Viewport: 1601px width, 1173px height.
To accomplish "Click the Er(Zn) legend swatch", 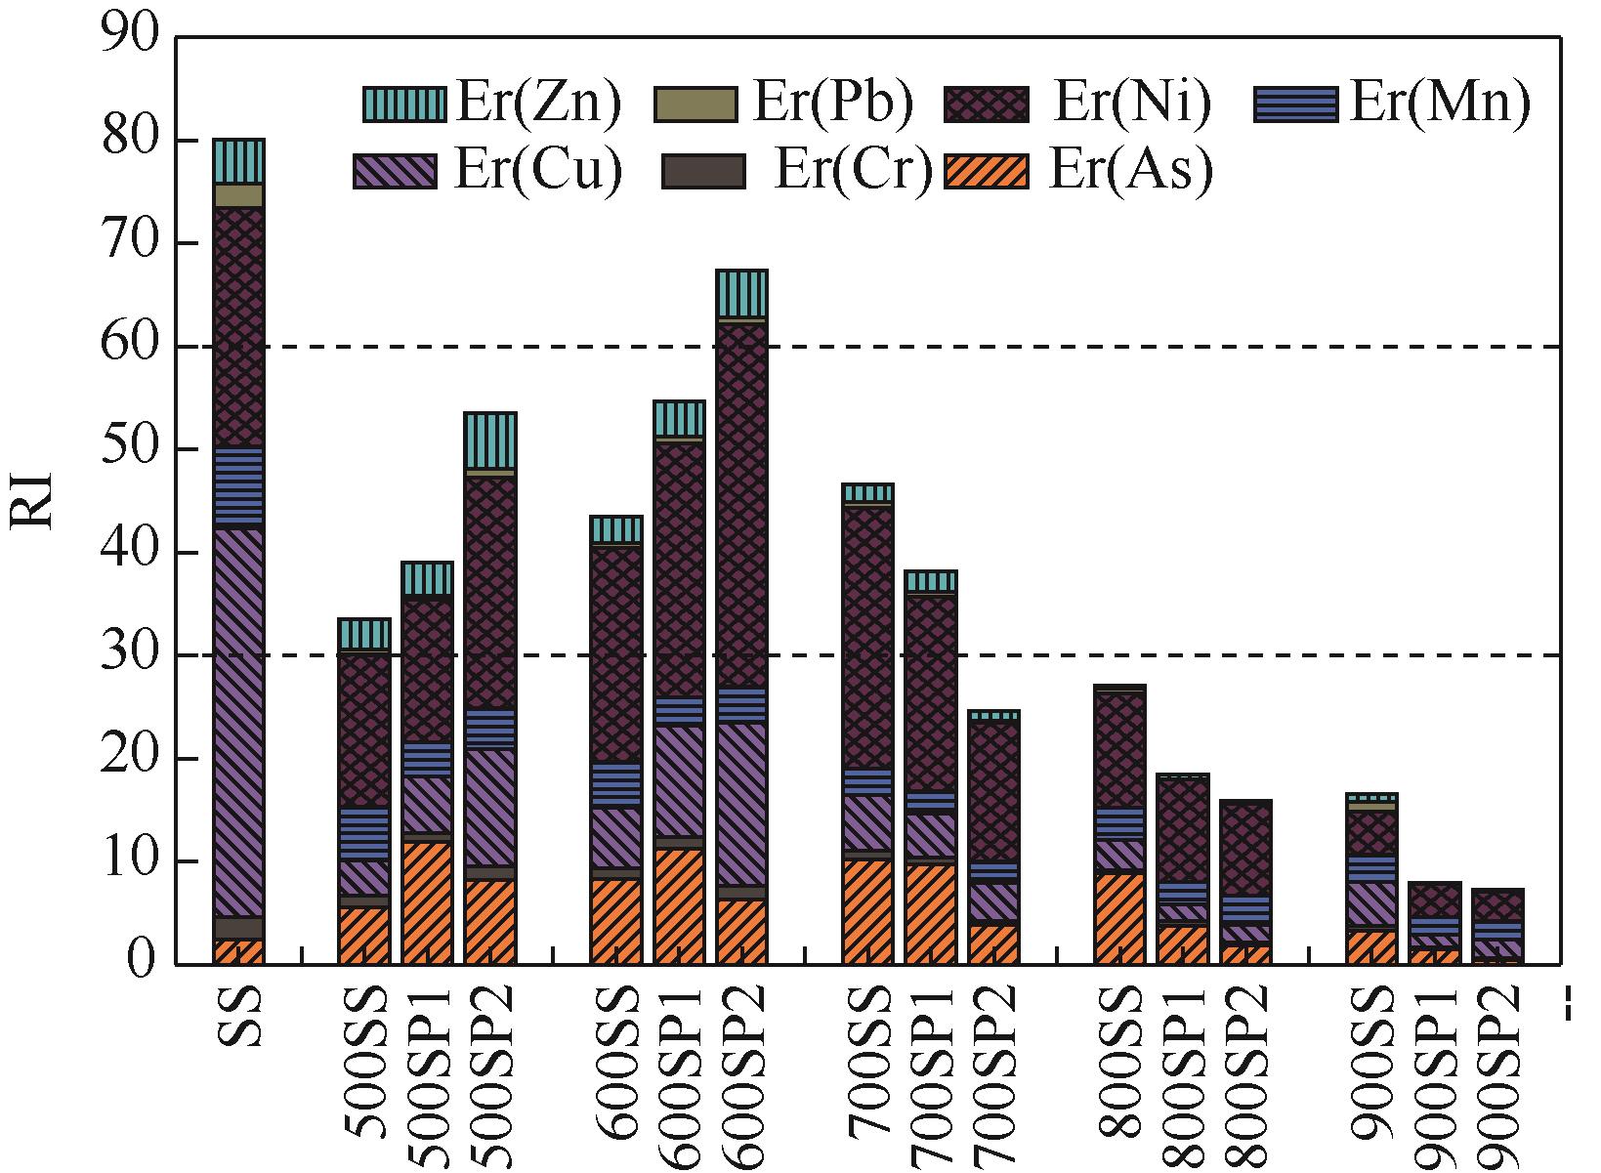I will pos(403,104).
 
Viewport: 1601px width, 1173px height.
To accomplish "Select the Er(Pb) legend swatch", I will pos(695,104).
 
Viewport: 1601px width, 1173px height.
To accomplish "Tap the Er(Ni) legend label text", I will pos(1131,104).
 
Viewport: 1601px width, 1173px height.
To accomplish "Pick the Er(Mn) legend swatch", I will pos(1296,104).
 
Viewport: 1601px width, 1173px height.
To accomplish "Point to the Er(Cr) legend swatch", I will pos(703,170).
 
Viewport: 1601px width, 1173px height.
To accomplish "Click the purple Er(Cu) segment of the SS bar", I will pos(239,723).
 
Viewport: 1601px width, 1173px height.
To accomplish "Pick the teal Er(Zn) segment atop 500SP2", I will pos(490,440).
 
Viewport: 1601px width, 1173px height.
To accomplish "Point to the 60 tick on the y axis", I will pos(176,347).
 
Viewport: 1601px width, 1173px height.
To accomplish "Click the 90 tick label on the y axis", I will pos(130,37).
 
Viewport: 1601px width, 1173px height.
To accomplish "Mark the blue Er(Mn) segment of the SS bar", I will pos(239,487).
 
